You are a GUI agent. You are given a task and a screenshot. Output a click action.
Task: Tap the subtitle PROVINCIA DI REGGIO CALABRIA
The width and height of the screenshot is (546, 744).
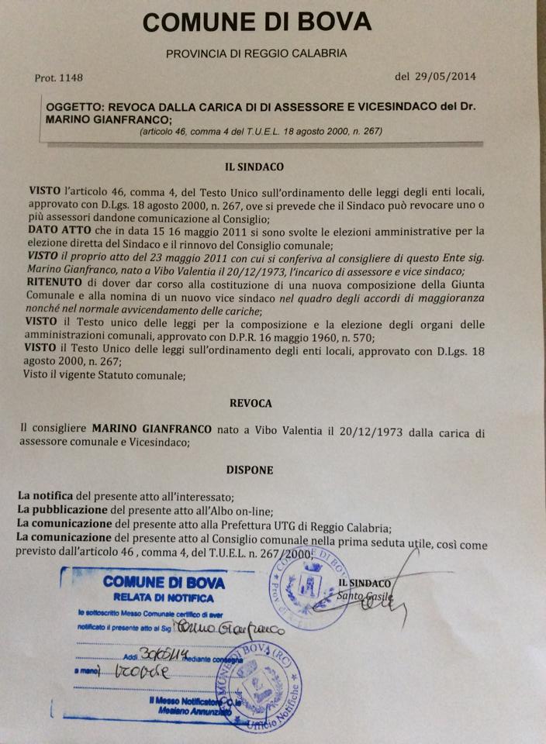pos(257,53)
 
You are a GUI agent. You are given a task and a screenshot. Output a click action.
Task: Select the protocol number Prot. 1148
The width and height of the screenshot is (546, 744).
pos(59,78)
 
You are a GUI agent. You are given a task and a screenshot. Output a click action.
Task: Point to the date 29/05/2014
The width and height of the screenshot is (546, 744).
pos(445,76)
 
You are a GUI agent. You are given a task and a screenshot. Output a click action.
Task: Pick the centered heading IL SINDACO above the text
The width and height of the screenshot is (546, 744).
pos(254,166)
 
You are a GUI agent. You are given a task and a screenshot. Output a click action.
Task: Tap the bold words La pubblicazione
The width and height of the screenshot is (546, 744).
pos(62,510)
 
